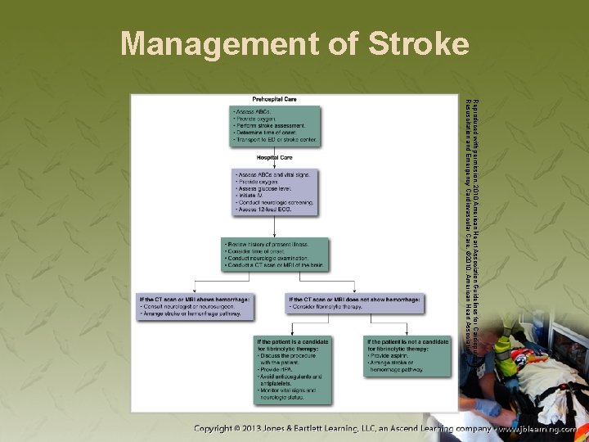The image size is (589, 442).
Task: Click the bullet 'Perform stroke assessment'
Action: click(x=270, y=125)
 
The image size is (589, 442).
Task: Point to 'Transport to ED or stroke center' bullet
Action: click(x=275, y=140)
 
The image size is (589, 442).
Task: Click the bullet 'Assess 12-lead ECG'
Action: click(x=264, y=210)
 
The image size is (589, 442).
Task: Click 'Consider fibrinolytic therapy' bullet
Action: click(x=326, y=307)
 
